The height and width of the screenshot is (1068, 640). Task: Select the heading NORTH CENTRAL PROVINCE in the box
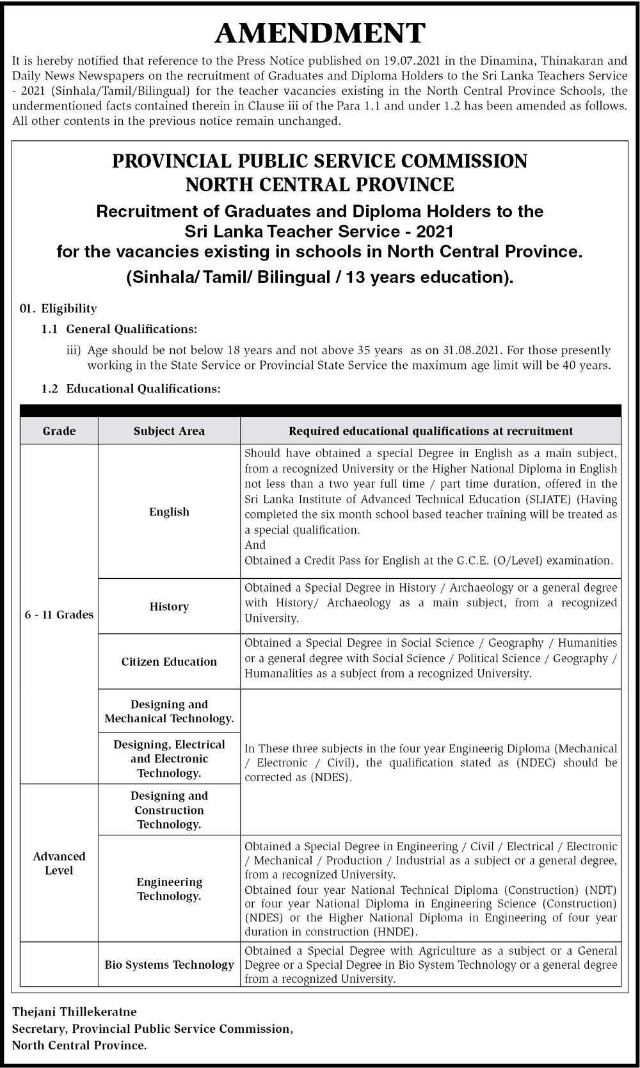pyautogui.click(x=320, y=185)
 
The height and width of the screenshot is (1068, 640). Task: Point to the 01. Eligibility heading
pyautogui.click(x=59, y=309)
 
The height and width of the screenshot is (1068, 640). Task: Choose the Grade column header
pyautogui.click(x=59, y=431)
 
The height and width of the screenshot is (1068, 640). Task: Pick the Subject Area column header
pyautogui.click(x=169, y=431)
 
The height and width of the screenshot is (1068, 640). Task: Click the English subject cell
pyautogui.click(x=169, y=512)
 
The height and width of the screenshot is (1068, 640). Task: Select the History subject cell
pyautogui.click(x=169, y=606)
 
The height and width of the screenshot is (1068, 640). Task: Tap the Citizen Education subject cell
pyautogui.click(x=169, y=661)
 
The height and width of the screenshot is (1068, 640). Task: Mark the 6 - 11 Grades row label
pyautogui.click(x=59, y=615)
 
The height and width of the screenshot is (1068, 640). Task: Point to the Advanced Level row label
pyautogui.click(x=59, y=863)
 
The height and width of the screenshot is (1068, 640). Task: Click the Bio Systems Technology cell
pyautogui.click(x=169, y=964)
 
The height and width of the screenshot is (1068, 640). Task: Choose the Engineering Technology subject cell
pyautogui.click(x=169, y=889)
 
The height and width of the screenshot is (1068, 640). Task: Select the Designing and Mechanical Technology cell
pyautogui.click(x=169, y=711)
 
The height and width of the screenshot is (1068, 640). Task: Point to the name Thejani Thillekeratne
pyautogui.click(x=74, y=1012)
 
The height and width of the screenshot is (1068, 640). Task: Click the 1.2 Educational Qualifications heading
pyautogui.click(x=131, y=389)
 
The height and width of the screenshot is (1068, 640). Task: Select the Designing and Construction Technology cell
pyautogui.click(x=169, y=810)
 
